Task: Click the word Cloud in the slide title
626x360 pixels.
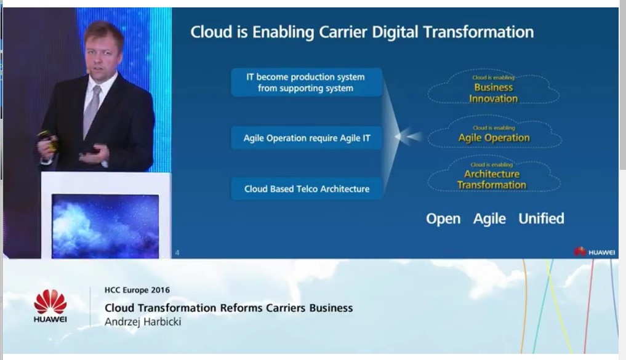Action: tap(211, 32)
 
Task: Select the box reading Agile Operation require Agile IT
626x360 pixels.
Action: tap(307, 138)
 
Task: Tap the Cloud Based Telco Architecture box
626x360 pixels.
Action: tap(307, 189)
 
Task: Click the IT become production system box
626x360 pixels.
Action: tap(307, 82)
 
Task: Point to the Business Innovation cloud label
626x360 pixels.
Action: tap(494, 93)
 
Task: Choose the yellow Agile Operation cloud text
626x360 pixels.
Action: tap(494, 138)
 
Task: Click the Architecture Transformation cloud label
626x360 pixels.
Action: tap(491, 180)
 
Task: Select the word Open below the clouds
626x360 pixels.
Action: tap(443, 218)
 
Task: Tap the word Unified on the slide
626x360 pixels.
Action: tap(541, 218)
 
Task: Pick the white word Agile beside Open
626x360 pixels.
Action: tap(489, 218)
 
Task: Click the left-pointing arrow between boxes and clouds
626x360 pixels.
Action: tap(408, 137)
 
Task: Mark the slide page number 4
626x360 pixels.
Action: tap(177, 252)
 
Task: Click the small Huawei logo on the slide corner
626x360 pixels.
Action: tap(594, 252)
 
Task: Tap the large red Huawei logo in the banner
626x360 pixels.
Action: tap(50, 306)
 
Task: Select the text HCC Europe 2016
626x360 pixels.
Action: tap(137, 290)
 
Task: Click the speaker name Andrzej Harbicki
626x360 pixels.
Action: tap(143, 322)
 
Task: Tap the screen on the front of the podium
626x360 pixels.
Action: tap(105, 226)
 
